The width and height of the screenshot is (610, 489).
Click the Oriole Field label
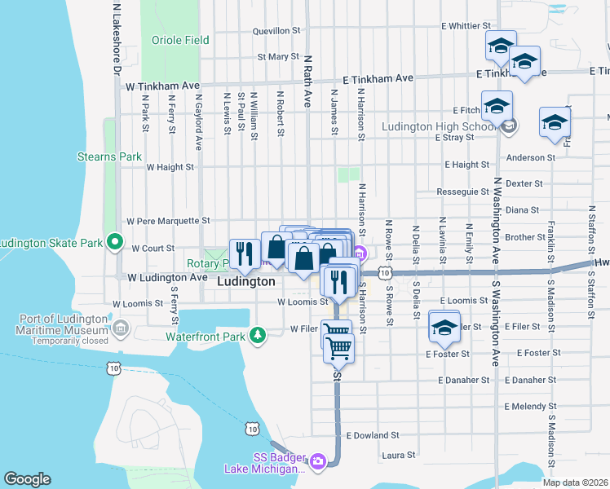coord(180,40)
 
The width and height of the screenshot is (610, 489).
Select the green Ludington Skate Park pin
coord(115,243)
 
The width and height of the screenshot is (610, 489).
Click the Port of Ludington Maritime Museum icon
coord(121,329)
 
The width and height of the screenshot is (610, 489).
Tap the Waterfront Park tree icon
coord(258,335)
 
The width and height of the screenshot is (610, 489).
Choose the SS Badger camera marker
coord(317,461)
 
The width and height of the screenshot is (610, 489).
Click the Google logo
coord(28,479)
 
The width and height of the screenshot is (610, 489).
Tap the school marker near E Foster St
coord(444,328)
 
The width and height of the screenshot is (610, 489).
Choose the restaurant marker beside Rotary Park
coord(243,253)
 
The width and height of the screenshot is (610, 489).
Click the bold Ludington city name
coord(246,281)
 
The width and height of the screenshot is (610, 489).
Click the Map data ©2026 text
coord(576,482)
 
